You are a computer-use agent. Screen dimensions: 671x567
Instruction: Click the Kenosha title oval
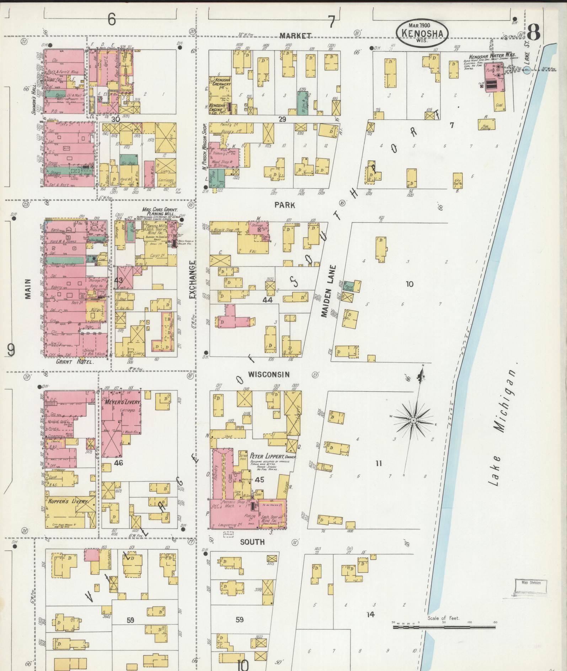422,32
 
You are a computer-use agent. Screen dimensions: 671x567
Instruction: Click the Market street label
295,36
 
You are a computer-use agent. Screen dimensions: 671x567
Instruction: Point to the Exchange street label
192,280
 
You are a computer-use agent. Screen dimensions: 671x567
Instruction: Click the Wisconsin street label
269,374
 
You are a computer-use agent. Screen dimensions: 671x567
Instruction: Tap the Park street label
284,205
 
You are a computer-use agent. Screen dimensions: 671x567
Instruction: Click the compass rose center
413,421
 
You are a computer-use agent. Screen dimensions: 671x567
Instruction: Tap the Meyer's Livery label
123,402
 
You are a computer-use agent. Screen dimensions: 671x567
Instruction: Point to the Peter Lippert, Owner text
273,456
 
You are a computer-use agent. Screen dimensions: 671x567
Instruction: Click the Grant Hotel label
75,362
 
